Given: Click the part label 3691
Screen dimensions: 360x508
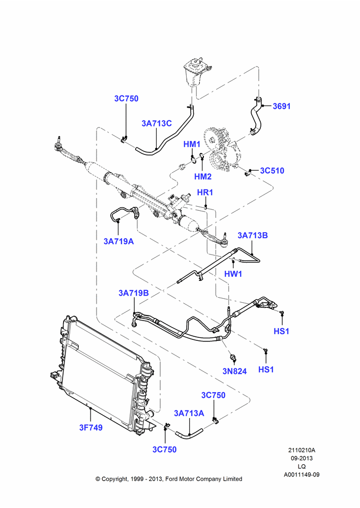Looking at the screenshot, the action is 282,106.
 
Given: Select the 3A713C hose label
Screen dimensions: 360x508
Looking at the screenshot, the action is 157,123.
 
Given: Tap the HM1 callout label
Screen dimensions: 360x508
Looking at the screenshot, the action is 192,144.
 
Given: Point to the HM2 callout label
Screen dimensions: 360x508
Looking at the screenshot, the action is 203,176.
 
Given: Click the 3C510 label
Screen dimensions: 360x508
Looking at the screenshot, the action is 272,171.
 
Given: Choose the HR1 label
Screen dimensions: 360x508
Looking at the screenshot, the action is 205,193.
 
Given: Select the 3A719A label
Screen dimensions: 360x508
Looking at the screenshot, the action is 118,241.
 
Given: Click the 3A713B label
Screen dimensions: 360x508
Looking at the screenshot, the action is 253,236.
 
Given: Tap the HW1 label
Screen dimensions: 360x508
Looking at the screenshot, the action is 233,274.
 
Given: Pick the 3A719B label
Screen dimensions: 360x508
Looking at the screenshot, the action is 134,293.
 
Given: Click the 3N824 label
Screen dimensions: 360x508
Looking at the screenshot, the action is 234,371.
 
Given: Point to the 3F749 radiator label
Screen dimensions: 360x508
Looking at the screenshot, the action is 91,428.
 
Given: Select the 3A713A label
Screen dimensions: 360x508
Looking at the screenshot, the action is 189,414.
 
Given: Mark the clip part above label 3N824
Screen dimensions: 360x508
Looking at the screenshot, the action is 232,357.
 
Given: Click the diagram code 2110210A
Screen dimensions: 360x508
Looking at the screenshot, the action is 302,450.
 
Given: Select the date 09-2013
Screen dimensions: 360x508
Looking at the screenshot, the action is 302,458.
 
